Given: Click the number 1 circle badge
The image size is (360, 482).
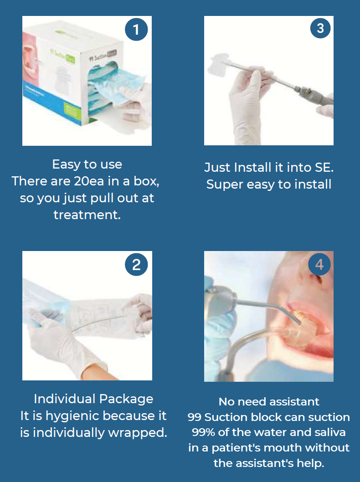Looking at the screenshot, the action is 136,30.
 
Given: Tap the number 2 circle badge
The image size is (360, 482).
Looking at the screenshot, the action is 136,264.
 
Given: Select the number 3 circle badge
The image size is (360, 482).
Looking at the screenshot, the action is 320,28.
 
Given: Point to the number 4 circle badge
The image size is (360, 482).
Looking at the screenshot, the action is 319,264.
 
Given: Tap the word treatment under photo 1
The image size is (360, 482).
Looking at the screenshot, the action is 87,215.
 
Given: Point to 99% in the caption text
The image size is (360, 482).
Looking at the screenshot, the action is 203,432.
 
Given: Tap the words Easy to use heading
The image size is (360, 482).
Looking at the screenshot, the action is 87,164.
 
